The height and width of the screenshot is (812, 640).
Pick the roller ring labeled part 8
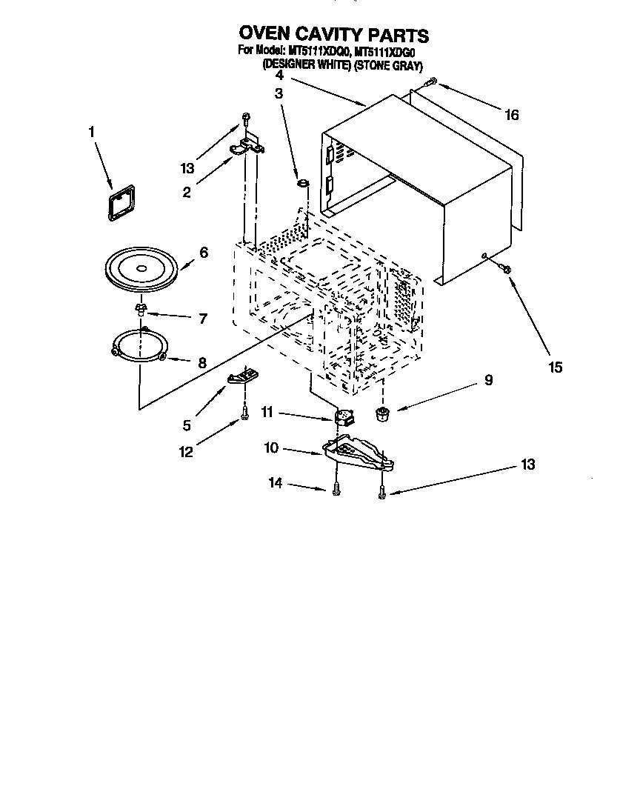[139, 345]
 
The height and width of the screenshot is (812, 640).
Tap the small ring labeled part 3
[302, 182]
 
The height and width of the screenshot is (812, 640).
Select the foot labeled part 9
[383, 414]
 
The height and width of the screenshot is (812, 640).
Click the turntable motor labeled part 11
[345, 418]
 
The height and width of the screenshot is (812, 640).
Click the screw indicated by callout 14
[336, 490]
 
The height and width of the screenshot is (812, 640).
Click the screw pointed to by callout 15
[504, 268]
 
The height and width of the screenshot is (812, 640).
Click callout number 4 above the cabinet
[279, 76]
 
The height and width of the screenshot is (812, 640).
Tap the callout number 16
[511, 115]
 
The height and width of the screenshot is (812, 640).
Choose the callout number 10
[273, 447]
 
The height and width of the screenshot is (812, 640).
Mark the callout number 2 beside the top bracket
[187, 193]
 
